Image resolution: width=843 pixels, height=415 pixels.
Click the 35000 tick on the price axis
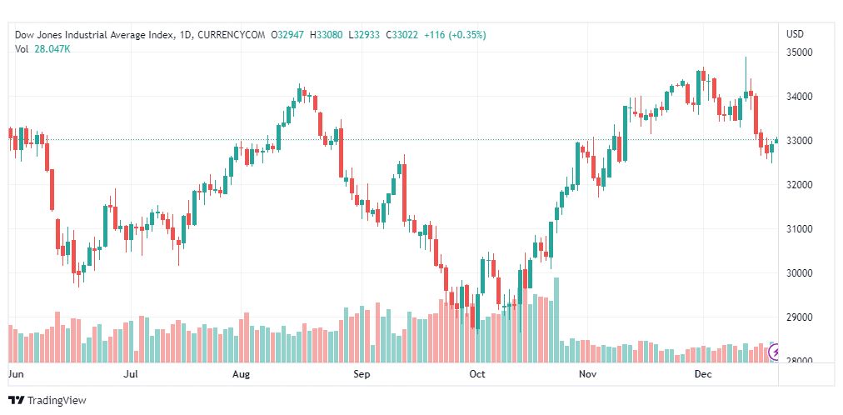pos(799,52)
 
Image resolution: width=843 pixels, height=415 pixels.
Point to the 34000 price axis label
pos(799,97)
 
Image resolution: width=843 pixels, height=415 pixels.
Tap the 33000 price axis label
pos(799,141)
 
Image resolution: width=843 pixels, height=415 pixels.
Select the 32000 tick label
pos(799,185)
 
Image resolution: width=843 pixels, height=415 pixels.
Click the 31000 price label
pos(799,229)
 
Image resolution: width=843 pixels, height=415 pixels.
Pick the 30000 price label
pos(799,273)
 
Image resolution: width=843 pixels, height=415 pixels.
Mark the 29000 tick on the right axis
pos(799,317)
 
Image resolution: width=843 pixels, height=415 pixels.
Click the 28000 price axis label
pos(799,361)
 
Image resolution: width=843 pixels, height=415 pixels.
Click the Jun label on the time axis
pos(16,375)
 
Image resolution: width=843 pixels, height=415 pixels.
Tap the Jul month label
pos(130,375)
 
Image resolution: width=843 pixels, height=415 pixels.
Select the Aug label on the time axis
pos(241,375)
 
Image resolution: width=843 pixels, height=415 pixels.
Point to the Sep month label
pos(362,375)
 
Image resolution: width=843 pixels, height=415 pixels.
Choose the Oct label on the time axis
pos(477,375)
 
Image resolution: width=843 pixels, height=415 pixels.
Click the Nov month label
pos(588,375)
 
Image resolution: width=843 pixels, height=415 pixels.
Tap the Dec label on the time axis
pos(703,375)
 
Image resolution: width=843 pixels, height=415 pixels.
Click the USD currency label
pos(795,34)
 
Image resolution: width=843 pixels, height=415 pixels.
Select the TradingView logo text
pos(57,401)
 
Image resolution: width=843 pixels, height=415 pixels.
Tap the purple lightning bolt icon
pos(776,352)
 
